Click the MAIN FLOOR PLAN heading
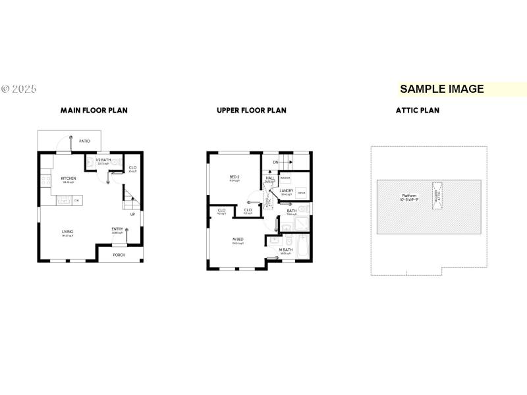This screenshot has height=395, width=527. [x=94, y=111]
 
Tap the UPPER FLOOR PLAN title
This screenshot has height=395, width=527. [x=252, y=111]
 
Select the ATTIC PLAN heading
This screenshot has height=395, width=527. [x=417, y=111]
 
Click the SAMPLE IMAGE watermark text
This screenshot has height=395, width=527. [x=442, y=89]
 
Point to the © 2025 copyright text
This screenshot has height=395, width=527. [x=19, y=89]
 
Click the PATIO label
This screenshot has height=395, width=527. [x=84, y=141]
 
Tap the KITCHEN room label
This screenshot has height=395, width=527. [x=69, y=178]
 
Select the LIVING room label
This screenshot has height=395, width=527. [x=67, y=232]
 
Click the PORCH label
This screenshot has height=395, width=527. [x=119, y=255]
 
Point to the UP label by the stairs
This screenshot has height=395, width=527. [x=132, y=214]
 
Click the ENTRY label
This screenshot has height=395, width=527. [x=117, y=229]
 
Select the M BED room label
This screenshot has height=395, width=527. [x=238, y=239]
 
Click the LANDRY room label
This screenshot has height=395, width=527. [x=287, y=191]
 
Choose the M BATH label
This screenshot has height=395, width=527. [x=285, y=250]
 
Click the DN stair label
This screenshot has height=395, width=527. [x=275, y=162]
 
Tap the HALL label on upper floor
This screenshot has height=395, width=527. [x=270, y=178]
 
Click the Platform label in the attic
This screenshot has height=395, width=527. [x=410, y=196]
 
